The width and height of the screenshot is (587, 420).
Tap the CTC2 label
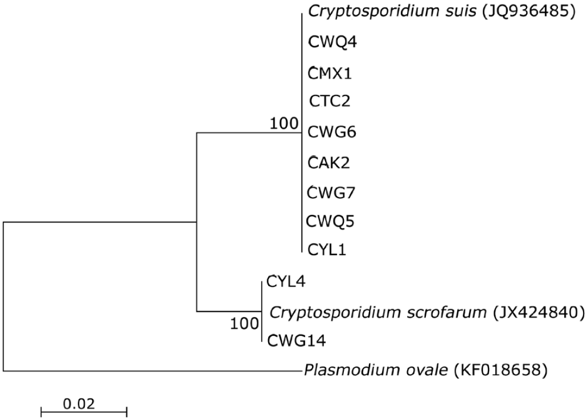click(x=330, y=102)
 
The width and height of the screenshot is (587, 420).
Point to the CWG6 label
click(x=331, y=132)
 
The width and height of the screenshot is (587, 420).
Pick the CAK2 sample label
click(x=330, y=162)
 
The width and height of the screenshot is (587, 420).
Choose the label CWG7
click(x=331, y=191)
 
